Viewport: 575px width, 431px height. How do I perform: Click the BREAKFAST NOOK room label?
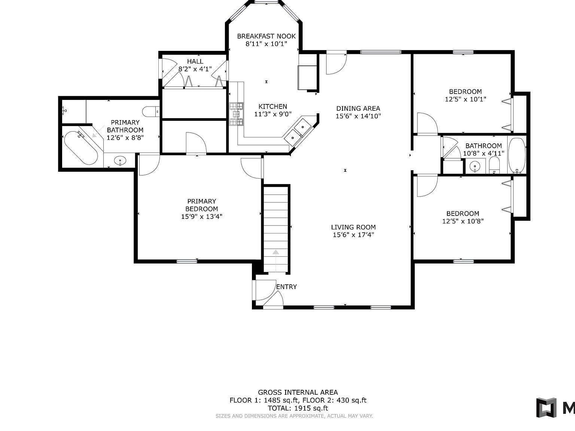266,36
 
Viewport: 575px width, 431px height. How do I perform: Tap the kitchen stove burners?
236,114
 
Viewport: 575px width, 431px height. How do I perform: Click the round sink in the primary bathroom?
120,161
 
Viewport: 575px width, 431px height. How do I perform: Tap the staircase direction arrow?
276,253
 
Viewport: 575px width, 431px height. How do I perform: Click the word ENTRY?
286,287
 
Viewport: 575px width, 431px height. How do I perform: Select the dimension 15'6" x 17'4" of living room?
353,235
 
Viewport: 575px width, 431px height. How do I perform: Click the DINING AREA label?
358,108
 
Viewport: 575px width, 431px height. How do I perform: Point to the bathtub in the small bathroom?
517,155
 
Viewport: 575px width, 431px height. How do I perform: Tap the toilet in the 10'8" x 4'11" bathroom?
495,165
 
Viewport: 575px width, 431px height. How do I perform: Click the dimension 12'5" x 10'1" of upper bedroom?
465,100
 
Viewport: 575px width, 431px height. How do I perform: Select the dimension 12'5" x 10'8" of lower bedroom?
463,221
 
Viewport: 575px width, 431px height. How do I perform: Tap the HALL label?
195,61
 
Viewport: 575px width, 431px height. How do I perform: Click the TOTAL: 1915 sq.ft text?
298,408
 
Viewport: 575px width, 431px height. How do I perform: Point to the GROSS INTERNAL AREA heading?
298,392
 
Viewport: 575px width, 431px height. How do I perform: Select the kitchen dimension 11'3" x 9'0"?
273,114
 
